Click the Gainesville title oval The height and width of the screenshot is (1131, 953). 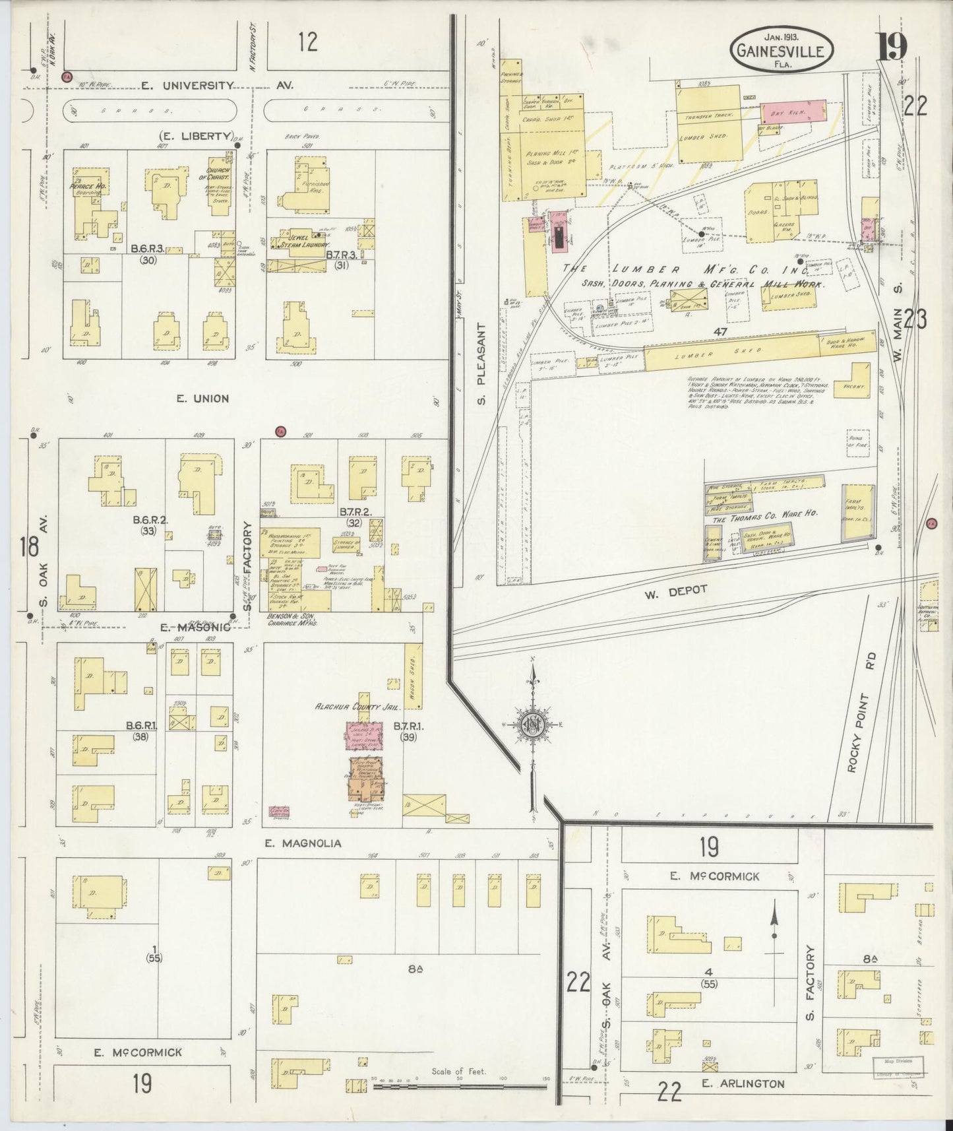(781, 49)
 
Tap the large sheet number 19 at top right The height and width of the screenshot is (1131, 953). (892, 46)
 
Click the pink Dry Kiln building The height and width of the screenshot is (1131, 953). (794, 113)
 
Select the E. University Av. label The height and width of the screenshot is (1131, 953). (218, 85)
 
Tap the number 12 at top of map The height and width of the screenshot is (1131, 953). (307, 42)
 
